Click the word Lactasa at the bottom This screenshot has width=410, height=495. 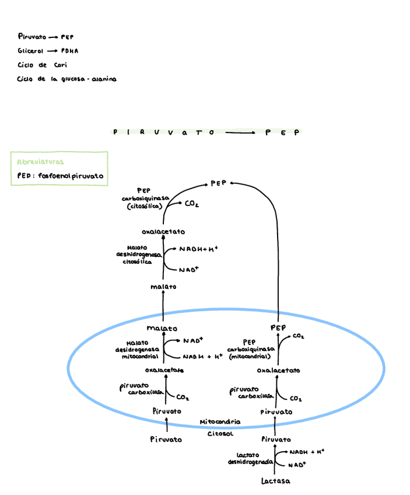[x=275, y=481]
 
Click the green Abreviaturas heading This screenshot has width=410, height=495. [x=40, y=162]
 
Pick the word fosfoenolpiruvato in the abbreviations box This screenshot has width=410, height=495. [x=71, y=176]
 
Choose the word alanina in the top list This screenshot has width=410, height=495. [x=103, y=79]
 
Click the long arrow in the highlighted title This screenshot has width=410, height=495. [x=240, y=133]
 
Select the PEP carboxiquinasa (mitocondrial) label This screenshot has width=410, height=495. [x=251, y=348]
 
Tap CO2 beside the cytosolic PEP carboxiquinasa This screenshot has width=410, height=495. [x=192, y=204]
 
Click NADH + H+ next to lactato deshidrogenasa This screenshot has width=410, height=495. [x=306, y=452]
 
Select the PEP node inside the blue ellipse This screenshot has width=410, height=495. [x=278, y=327]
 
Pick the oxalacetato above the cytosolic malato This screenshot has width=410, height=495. [x=163, y=232]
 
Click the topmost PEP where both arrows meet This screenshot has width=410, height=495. [x=218, y=183]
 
